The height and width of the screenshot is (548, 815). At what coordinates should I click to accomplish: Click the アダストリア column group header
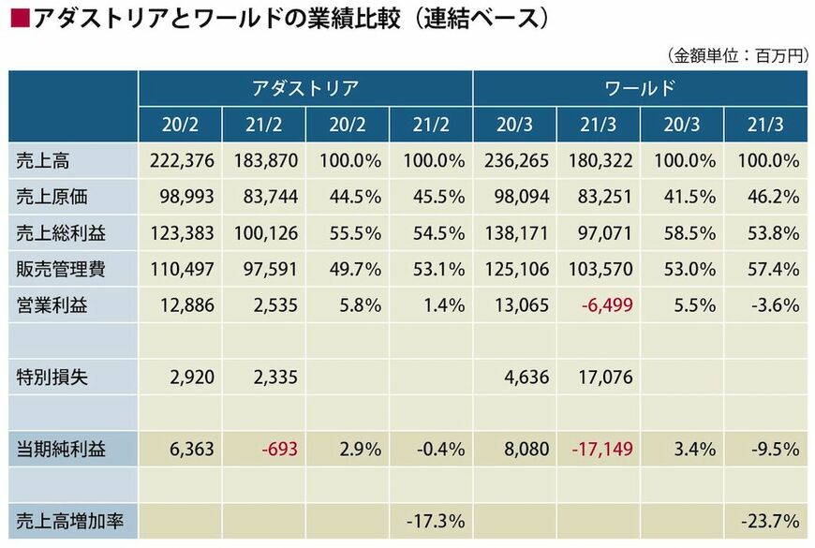[305, 89]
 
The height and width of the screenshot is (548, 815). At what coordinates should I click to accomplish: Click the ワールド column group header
[640, 89]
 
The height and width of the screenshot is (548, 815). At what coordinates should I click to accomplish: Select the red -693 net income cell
[280, 450]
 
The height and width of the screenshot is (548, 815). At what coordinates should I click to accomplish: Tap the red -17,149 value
[601, 450]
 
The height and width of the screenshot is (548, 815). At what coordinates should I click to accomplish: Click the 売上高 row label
[43, 161]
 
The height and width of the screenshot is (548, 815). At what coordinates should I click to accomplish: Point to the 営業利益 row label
[52, 304]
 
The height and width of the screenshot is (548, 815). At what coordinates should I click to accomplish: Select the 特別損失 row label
[52, 378]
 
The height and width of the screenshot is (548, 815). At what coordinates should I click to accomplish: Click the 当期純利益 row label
[61, 450]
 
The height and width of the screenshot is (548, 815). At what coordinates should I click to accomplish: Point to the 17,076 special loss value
[601, 378]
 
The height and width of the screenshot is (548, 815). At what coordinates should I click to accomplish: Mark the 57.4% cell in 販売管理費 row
[775, 269]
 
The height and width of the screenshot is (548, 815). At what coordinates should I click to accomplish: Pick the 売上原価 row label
[52, 197]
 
